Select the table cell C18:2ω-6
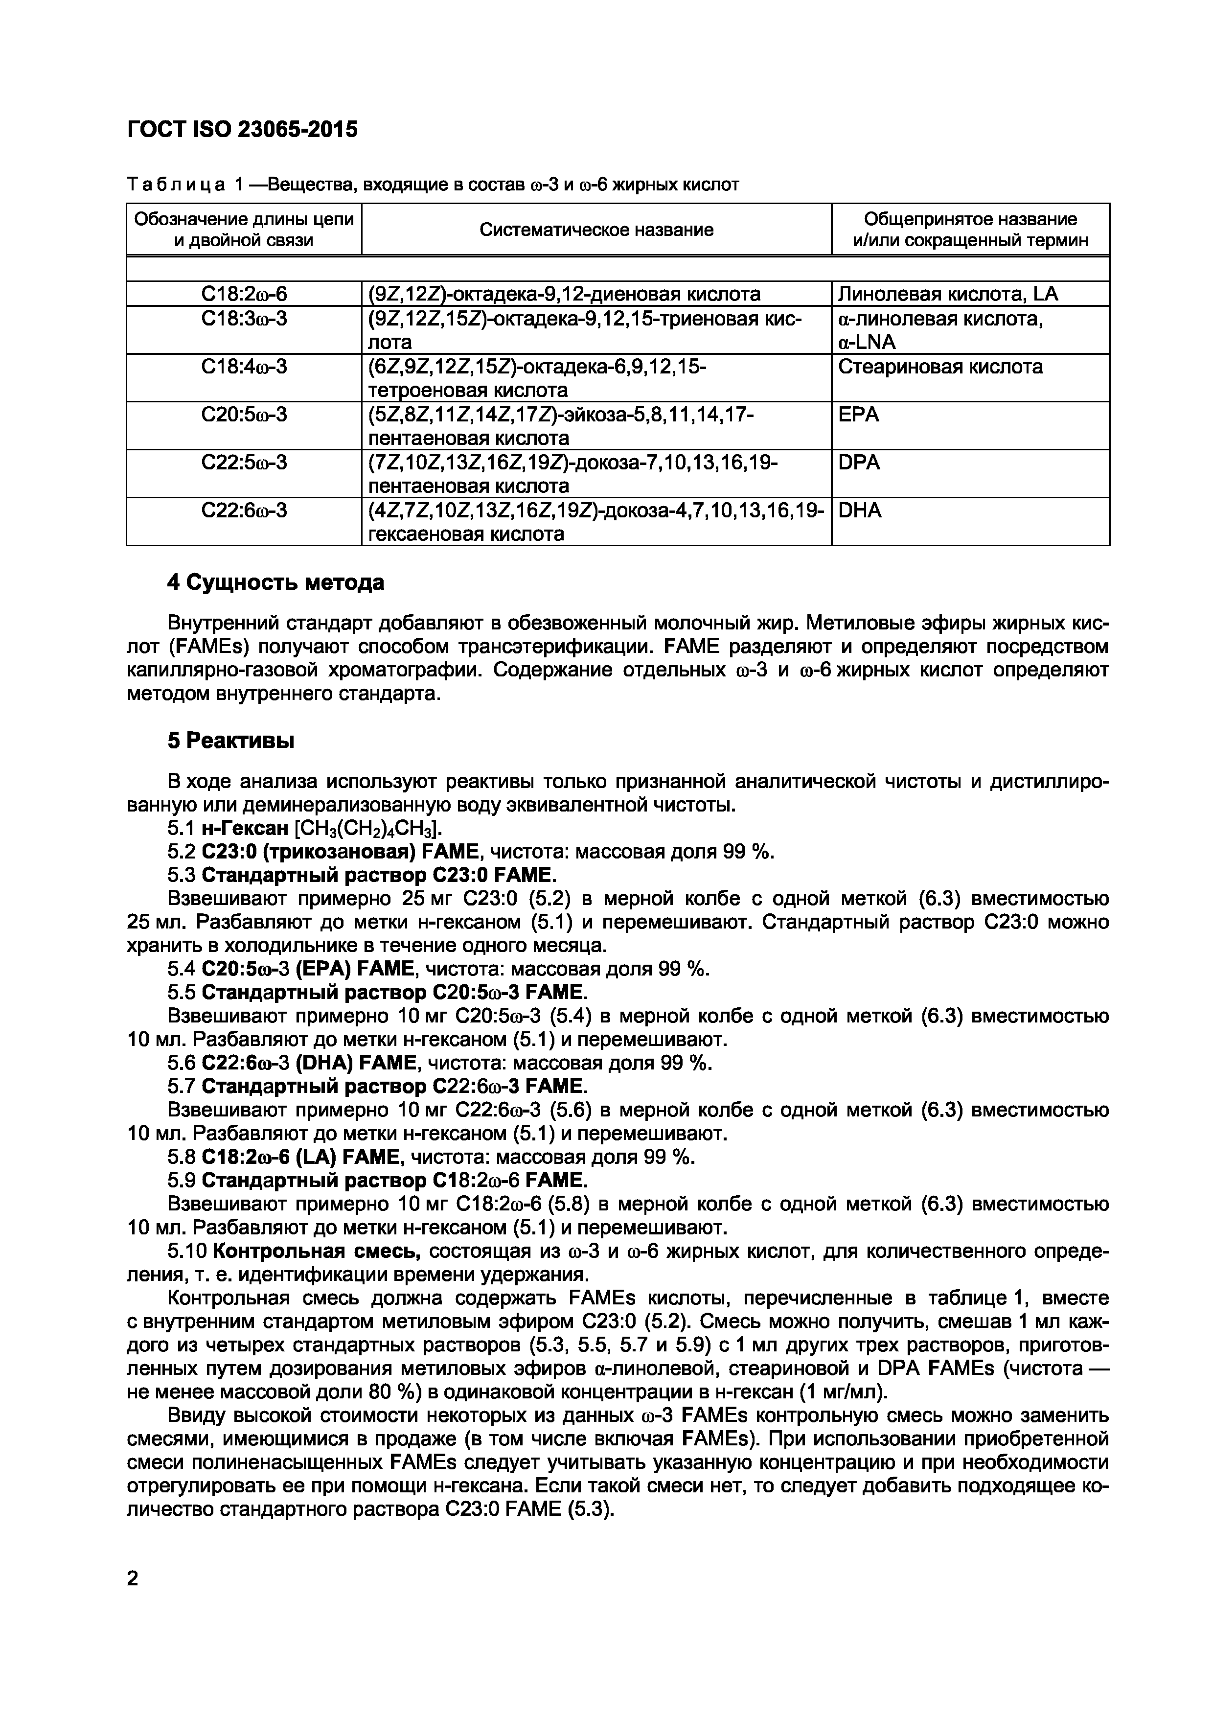click(244, 294)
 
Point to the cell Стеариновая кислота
click(939, 367)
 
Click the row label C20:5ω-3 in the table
click(244, 414)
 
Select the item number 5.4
click(181, 969)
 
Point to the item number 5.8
click(181, 1157)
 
